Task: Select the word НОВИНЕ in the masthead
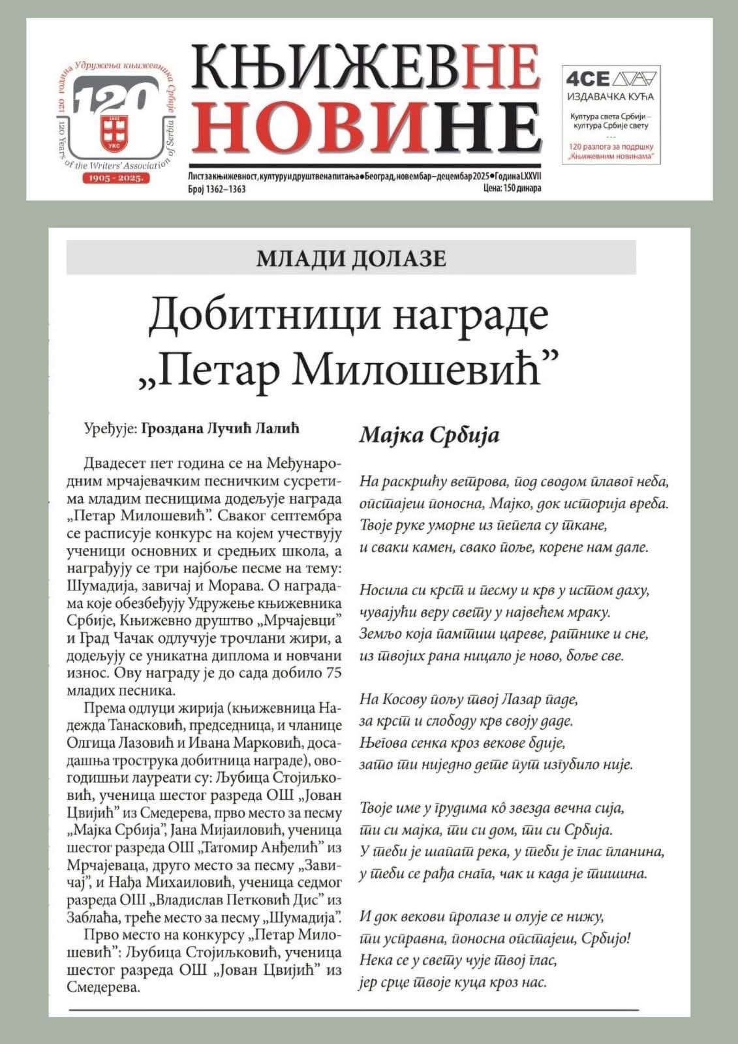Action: pyautogui.click(x=365, y=128)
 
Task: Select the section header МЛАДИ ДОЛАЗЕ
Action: pyautogui.click(x=351, y=258)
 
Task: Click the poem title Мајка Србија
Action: pyautogui.click(x=429, y=435)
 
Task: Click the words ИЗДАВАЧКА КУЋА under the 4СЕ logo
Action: pyautogui.click(x=611, y=97)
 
